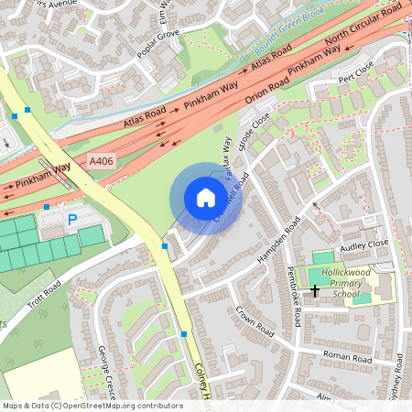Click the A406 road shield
tap(101, 161)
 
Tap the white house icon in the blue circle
tap(206, 198)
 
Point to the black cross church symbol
tap(315, 290)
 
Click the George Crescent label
tap(106, 371)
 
